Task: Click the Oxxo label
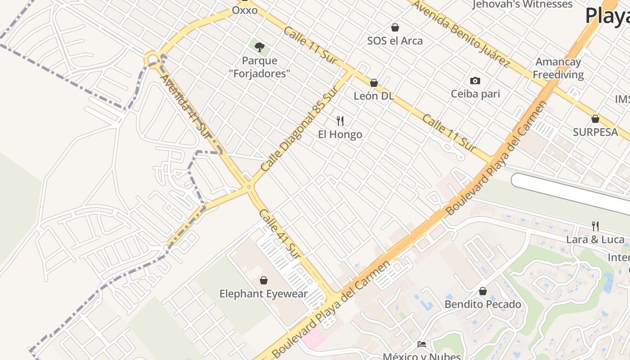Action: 245,10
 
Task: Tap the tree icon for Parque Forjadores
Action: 260,47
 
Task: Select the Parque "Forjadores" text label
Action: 260,67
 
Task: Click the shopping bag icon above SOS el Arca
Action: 395,27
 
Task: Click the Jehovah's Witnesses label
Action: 522,4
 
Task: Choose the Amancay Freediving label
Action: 558,68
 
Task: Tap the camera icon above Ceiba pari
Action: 475,81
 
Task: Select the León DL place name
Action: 373,96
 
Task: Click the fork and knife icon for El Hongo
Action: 340,121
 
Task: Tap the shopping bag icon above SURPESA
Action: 595,119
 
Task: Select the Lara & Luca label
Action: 595,239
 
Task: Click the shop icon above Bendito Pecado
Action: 483,291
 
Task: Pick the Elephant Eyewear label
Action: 264,294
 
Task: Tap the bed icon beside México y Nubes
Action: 421,344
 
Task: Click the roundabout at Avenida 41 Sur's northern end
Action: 152,59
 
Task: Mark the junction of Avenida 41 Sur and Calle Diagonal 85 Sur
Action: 249,186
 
